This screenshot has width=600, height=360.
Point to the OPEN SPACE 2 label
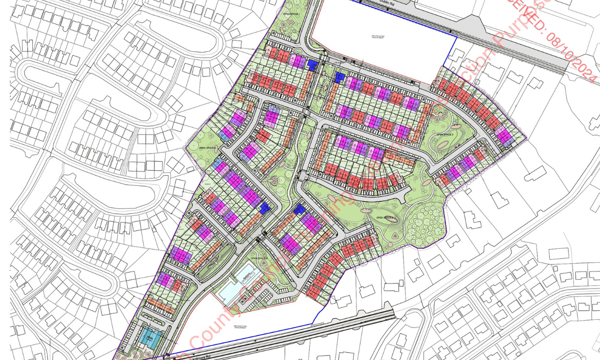pyautogui.click(x=385, y=218)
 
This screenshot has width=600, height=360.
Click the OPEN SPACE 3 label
pyautogui.click(x=445, y=135)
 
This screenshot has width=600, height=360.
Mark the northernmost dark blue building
pyautogui.click(x=313, y=64)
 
